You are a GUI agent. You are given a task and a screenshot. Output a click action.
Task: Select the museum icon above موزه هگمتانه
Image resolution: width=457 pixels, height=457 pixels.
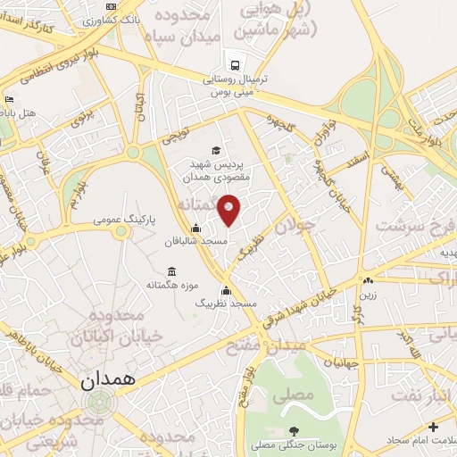tap(171, 270)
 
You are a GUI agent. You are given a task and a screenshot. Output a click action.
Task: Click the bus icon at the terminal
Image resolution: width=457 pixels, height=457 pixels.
tap(234, 65)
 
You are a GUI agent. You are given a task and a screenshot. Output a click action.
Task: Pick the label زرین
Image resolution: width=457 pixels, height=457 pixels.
tap(368, 294)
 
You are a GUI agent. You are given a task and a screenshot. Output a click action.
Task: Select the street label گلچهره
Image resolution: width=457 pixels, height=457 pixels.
tap(279, 122)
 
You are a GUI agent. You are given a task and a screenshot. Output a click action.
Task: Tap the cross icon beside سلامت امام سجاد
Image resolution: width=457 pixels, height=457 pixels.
tap(433, 428)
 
